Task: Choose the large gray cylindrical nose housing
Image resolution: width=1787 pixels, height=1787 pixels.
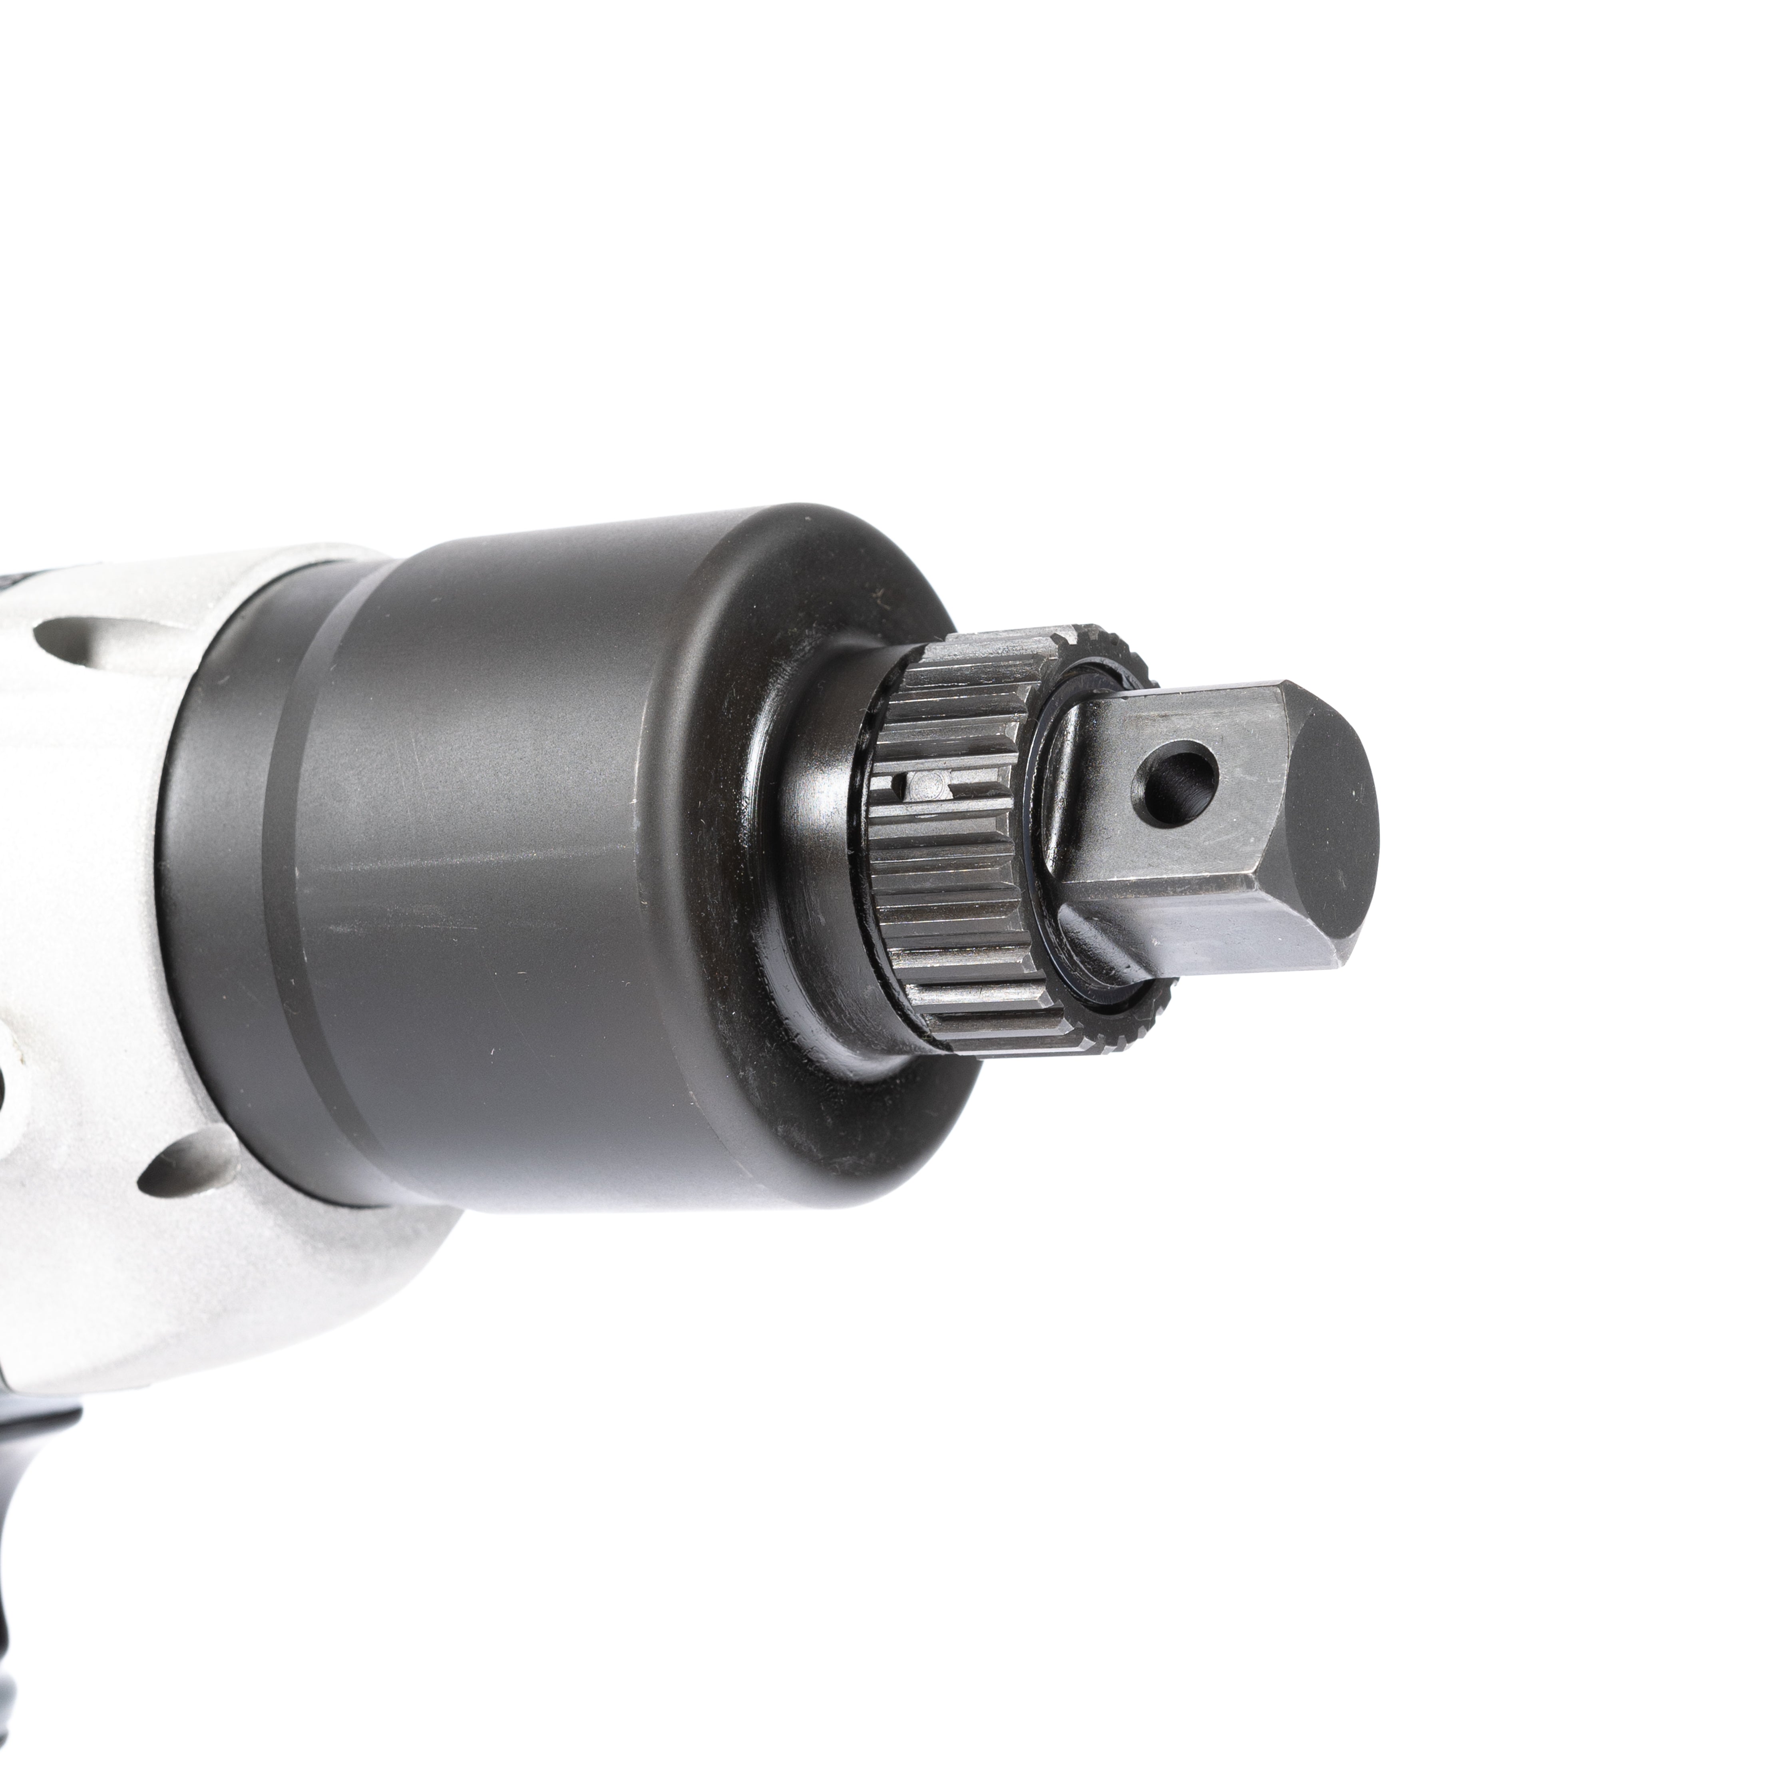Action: [555, 832]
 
